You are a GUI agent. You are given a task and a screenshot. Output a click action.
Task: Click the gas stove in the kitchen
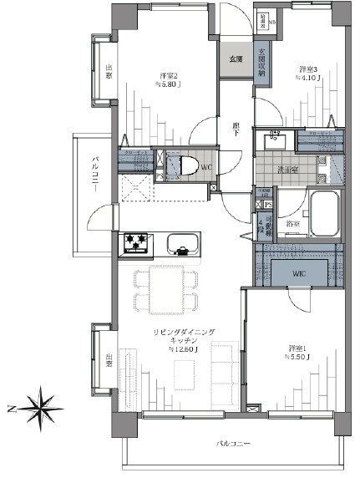click(137, 243)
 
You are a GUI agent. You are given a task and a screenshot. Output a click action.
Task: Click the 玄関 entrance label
click(236, 59)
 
